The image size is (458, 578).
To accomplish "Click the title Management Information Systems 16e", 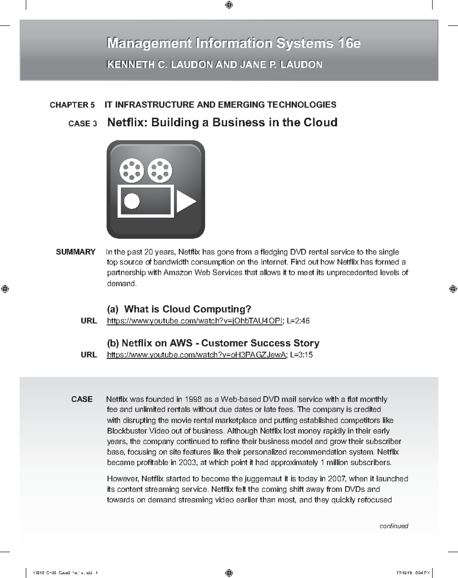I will pos(234,43).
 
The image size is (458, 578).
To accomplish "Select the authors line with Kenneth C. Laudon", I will pos(214,65).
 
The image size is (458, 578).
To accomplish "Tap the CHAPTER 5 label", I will pos(72,105).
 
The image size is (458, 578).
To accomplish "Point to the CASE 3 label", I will pos(82,124).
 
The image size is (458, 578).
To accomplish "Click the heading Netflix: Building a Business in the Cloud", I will pos(222,123).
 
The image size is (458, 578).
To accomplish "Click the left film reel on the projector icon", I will pos(132,171).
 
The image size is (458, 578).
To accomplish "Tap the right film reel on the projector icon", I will pos(160,171).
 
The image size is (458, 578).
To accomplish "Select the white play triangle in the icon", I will pos(185,201).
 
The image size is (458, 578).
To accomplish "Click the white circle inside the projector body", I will pos(132,201).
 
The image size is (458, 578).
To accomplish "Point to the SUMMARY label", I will pos(76,252).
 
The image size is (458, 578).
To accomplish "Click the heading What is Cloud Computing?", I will pos(187,309).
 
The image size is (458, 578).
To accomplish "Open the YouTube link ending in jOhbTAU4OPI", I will pos(195,321).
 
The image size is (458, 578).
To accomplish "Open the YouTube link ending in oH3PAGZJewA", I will pos(196,355).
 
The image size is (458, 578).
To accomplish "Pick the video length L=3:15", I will pos(301,355).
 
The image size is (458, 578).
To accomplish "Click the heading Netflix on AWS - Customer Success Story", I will pos(213,343).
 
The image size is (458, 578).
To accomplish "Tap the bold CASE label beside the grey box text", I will pos(82,399).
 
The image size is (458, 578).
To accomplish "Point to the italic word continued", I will pos(393,526).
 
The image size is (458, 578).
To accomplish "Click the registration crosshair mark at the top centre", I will pos(229,5).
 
